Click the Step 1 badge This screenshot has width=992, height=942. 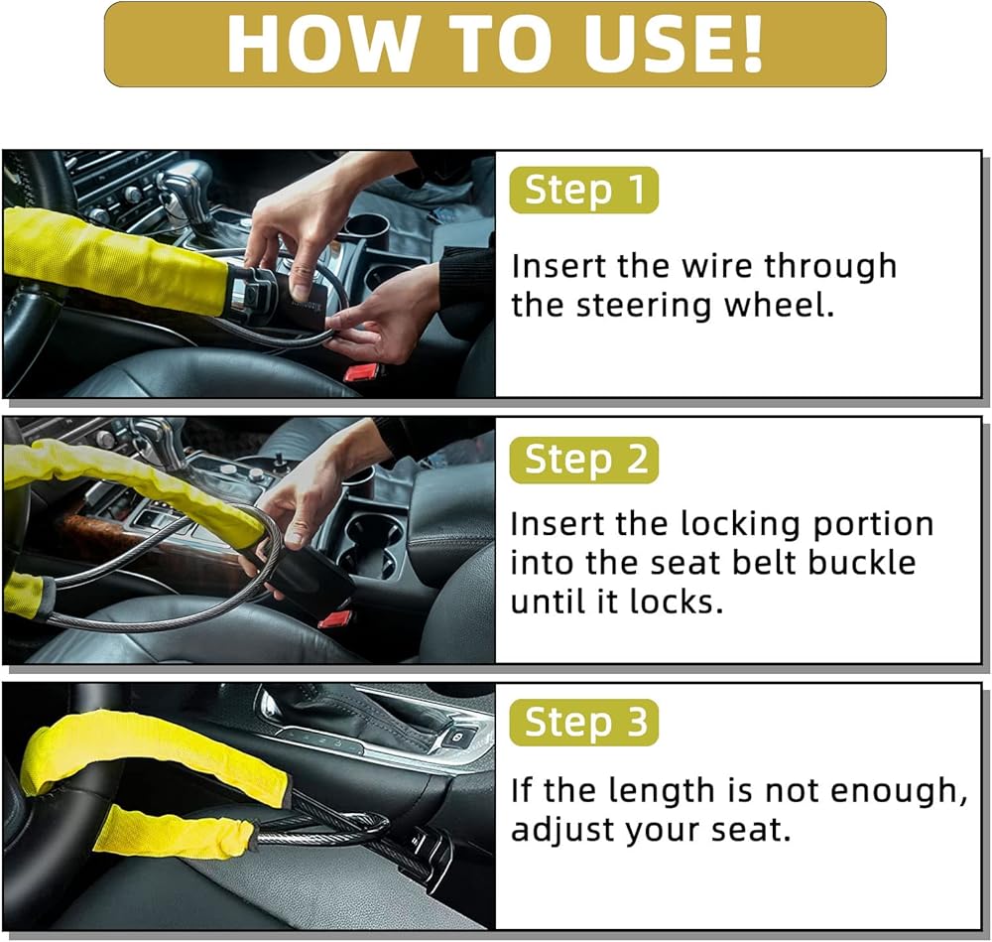coord(583,190)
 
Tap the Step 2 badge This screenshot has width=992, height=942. coord(583,461)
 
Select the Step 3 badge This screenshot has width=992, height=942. coord(583,723)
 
